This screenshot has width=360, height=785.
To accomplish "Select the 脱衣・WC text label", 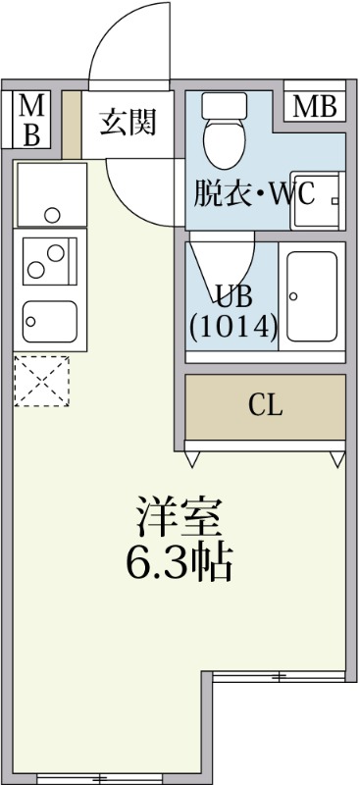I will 254,193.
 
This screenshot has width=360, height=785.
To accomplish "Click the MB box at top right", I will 315,107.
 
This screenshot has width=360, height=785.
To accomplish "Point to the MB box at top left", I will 31,121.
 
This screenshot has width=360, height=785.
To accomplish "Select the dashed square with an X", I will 42,381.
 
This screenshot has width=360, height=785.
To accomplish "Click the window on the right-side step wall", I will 279,676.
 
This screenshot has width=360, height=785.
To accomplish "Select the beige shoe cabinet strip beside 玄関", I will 71,125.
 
